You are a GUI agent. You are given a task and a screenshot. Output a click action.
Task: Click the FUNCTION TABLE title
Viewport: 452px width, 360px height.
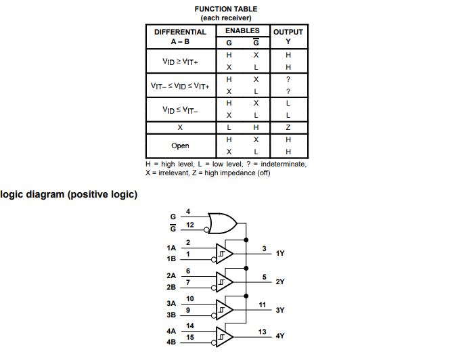tap(226, 9)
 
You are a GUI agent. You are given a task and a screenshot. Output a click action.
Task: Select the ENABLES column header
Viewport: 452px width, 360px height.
tap(242, 31)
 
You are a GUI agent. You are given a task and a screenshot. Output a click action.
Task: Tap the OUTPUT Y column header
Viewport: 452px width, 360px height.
tap(288, 37)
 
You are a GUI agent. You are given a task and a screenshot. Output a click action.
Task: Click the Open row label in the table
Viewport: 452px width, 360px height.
tap(180, 146)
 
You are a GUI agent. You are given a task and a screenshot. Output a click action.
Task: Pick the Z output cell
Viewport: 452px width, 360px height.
tap(288, 127)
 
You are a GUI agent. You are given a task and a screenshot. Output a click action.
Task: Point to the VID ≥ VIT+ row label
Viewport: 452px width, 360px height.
tap(180, 62)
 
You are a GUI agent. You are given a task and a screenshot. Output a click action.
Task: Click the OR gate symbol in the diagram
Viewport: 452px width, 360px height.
tap(223, 223)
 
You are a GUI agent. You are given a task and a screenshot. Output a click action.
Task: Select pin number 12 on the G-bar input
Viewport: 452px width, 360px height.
tap(190, 225)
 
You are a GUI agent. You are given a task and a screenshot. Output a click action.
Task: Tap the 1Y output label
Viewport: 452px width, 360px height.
tap(280, 253)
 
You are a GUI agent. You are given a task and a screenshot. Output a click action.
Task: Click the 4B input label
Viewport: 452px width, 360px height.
tap(171, 342)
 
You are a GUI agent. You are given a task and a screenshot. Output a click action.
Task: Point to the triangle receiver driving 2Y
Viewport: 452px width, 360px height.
tap(225, 282)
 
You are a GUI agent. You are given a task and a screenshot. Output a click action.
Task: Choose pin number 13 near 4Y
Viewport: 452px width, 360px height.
tap(263, 332)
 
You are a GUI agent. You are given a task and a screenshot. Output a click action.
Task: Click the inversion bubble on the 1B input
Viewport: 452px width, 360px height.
tap(214, 260)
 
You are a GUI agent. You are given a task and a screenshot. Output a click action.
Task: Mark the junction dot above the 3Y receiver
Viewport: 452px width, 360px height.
tap(246, 296)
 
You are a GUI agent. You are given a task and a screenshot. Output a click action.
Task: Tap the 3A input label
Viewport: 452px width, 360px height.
tap(171, 304)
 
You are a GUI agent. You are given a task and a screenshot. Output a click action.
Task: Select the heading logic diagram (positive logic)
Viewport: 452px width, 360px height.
tap(68, 195)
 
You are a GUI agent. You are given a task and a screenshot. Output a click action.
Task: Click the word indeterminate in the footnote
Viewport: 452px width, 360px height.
tap(284, 164)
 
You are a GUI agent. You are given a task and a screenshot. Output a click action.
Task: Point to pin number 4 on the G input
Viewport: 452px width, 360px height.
tap(188, 212)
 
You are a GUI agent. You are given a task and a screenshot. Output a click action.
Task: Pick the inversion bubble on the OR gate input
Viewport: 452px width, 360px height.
tap(206, 229)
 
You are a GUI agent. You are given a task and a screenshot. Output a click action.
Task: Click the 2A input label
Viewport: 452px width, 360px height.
tap(171, 276)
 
